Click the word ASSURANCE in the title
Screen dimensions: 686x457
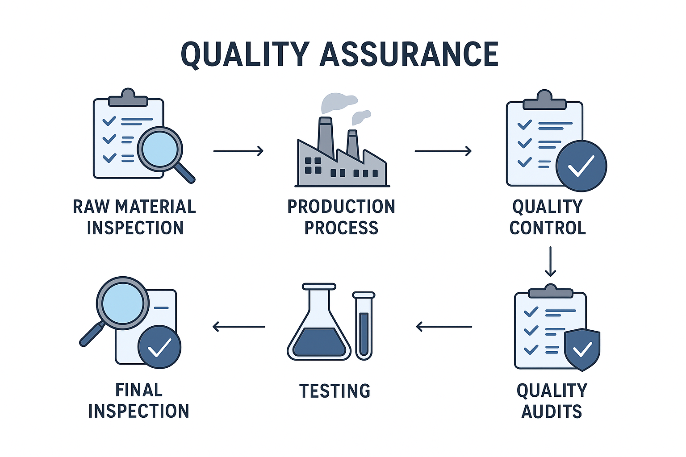pyautogui.click(x=409, y=54)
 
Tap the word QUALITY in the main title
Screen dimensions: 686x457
pyautogui.click(x=245, y=55)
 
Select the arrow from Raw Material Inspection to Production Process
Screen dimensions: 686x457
pyautogui.click(x=238, y=151)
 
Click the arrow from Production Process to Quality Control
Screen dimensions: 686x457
pyautogui.click(x=443, y=151)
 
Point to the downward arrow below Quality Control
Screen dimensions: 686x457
pyautogui.click(x=550, y=262)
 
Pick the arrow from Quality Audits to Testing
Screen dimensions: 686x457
pyautogui.click(x=444, y=327)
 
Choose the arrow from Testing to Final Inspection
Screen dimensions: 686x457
pyautogui.click(x=239, y=327)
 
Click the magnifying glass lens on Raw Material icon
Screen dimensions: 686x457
pyautogui.click(x=160, y=149)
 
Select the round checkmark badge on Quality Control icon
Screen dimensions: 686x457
pyautogui.click(x=581, y=166)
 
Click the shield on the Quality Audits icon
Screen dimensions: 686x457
pyautogui.click(x=582, y=349)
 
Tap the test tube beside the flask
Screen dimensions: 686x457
pyautogui.click(x=364, y=326)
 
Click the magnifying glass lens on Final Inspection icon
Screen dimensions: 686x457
pyautogui.click(x=123, y=303)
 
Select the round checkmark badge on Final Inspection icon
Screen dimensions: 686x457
pyautogui.click(x=159, y=347)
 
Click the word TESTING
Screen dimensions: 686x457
pyautogui.click(x=335, y=391)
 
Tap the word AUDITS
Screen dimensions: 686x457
pyautogui.click(x=552, y=411)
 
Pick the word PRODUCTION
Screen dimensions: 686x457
pyautogui.click(x=341, y=207)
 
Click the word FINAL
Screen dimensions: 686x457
pyautogui.click(x=139, y=390)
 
